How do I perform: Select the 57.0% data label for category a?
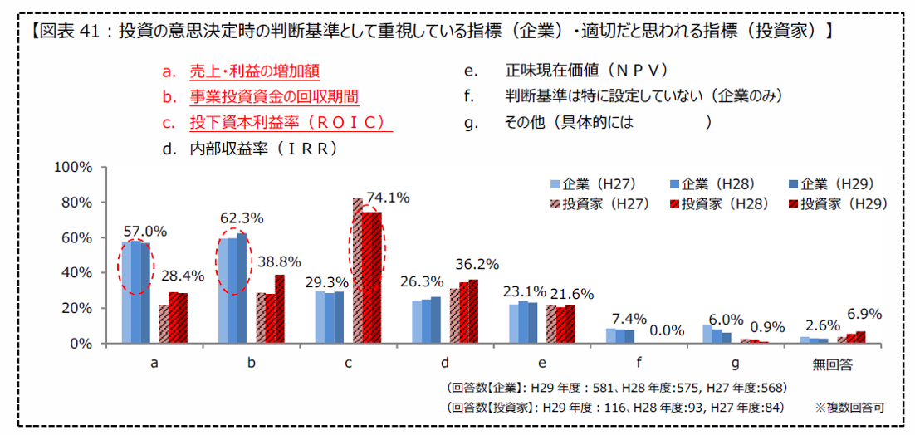tap(144, 231)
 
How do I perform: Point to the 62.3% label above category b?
tap(242, 218)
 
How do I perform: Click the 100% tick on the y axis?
tap(71, 167)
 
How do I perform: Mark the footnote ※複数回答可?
tap(849, 408)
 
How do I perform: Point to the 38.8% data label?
tap(279, 261)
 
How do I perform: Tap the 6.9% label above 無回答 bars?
tap(864, 315)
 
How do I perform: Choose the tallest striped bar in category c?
tap(357, 271)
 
